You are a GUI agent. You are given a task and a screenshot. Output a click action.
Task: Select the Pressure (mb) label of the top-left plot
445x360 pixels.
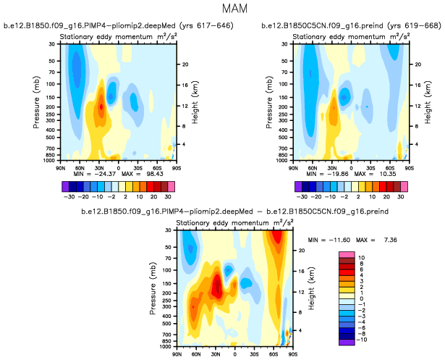[x=35, y=106]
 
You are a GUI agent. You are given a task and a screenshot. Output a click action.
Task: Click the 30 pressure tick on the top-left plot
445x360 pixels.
[x=53, y=45]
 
